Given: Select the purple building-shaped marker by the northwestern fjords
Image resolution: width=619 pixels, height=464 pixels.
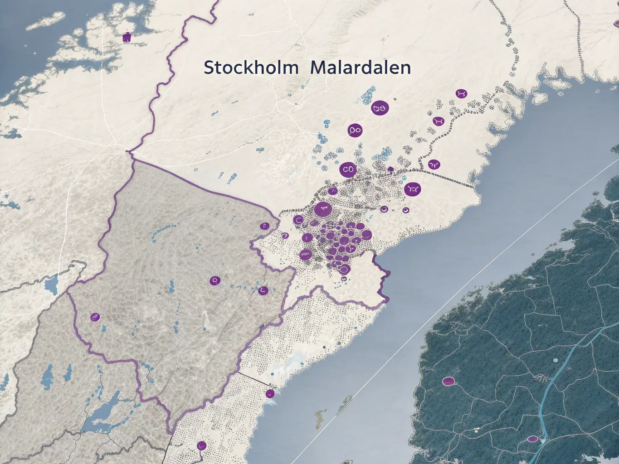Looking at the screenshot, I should [127, 38].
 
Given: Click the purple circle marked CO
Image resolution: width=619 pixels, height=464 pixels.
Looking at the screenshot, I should [348, 169].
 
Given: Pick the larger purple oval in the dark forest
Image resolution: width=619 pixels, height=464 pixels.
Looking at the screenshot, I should [448, 381].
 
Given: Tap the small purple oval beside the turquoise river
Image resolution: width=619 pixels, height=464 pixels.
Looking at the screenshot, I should [533, 439].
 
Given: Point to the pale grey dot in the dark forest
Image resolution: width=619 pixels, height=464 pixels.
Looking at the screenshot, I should [556, 361].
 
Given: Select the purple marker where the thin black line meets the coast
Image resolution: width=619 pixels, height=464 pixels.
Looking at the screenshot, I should [270, 393].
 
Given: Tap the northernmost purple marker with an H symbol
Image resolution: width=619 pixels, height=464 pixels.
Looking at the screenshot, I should [462, 94].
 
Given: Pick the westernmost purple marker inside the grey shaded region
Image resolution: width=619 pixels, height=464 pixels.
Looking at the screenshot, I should [95, 317].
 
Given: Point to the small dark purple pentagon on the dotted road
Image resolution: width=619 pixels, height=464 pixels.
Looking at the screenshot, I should [390, 170].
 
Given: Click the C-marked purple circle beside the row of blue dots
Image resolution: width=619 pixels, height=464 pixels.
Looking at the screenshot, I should [263, 290].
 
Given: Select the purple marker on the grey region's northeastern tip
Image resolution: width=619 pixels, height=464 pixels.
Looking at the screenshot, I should [263, 226].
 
